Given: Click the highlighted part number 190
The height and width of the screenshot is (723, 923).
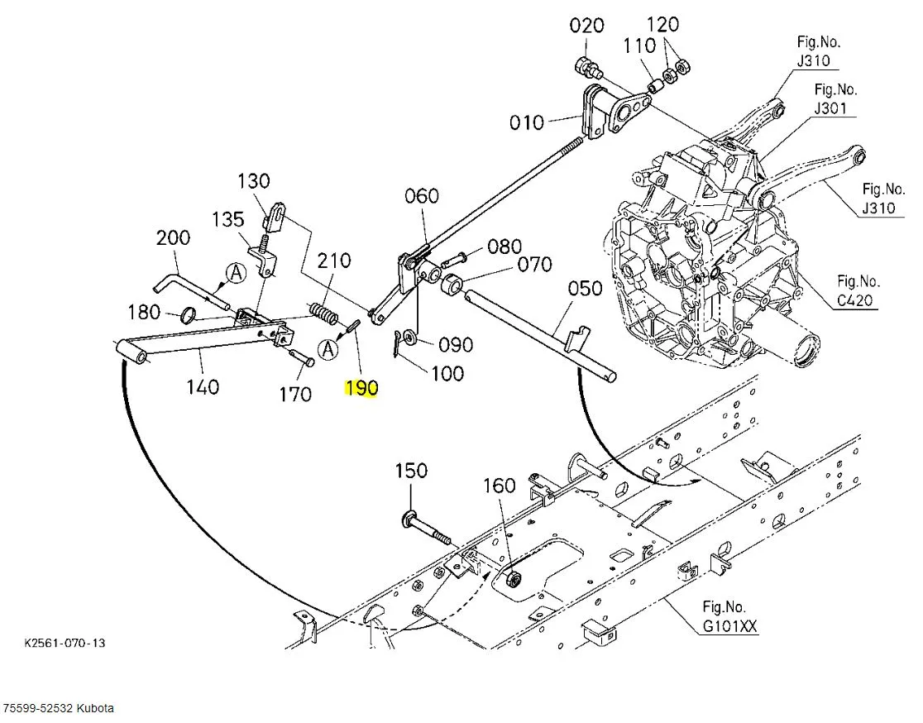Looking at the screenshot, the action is [361, 388].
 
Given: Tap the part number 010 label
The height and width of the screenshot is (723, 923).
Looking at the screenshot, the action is [527, 122].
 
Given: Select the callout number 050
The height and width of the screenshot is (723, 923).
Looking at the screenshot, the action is [585, 289].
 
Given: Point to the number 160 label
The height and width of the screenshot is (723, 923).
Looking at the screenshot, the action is [500, 486].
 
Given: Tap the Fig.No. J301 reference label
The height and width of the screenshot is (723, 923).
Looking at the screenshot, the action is [835, 98].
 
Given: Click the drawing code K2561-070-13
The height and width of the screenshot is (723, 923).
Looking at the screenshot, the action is [65, 643].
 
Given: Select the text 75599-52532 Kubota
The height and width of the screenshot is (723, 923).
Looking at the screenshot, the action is [58, 708].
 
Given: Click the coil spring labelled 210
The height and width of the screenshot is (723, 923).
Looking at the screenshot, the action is [323, 314].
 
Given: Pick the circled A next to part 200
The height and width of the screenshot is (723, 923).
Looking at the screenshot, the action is [236, 273].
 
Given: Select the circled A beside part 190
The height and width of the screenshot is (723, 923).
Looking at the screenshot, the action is [328, 349].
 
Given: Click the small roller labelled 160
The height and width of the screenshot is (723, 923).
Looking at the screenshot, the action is [514, 579].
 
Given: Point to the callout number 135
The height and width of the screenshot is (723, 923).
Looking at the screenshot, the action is [228, 219].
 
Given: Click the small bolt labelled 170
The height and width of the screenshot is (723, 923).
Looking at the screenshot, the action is [302, 358].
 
